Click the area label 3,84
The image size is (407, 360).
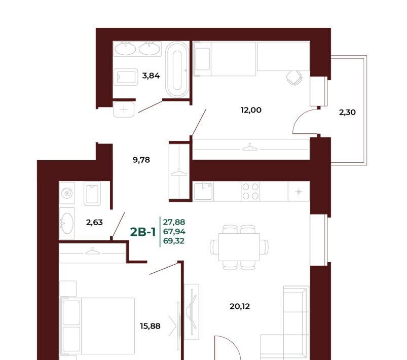click(151, 76)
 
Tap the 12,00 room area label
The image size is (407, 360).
click(251, 110)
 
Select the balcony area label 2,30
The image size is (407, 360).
click(347, 112)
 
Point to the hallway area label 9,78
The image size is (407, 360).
click(141, 160)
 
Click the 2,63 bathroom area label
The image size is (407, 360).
click(94, 222)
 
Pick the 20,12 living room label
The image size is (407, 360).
click(240, 306)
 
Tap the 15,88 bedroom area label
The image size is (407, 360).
click(150, 326)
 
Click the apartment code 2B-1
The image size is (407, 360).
click(143, 232)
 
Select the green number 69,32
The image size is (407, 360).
click(174, 241)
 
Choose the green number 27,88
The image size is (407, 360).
click(174, 222)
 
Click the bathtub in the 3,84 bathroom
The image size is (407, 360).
click(177, 69)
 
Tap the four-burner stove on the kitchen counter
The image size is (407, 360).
click(250, 192)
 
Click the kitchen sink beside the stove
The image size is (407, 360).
click(204, 192)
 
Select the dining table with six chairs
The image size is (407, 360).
click(239, 247)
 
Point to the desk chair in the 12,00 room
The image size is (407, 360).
click(294, 78)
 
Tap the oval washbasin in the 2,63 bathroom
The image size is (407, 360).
click(67, 224)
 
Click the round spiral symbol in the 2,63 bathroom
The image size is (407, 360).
click(67, 193)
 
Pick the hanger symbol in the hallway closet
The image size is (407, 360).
click(179, 172)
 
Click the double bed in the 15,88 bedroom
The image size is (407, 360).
click(97, 326)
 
